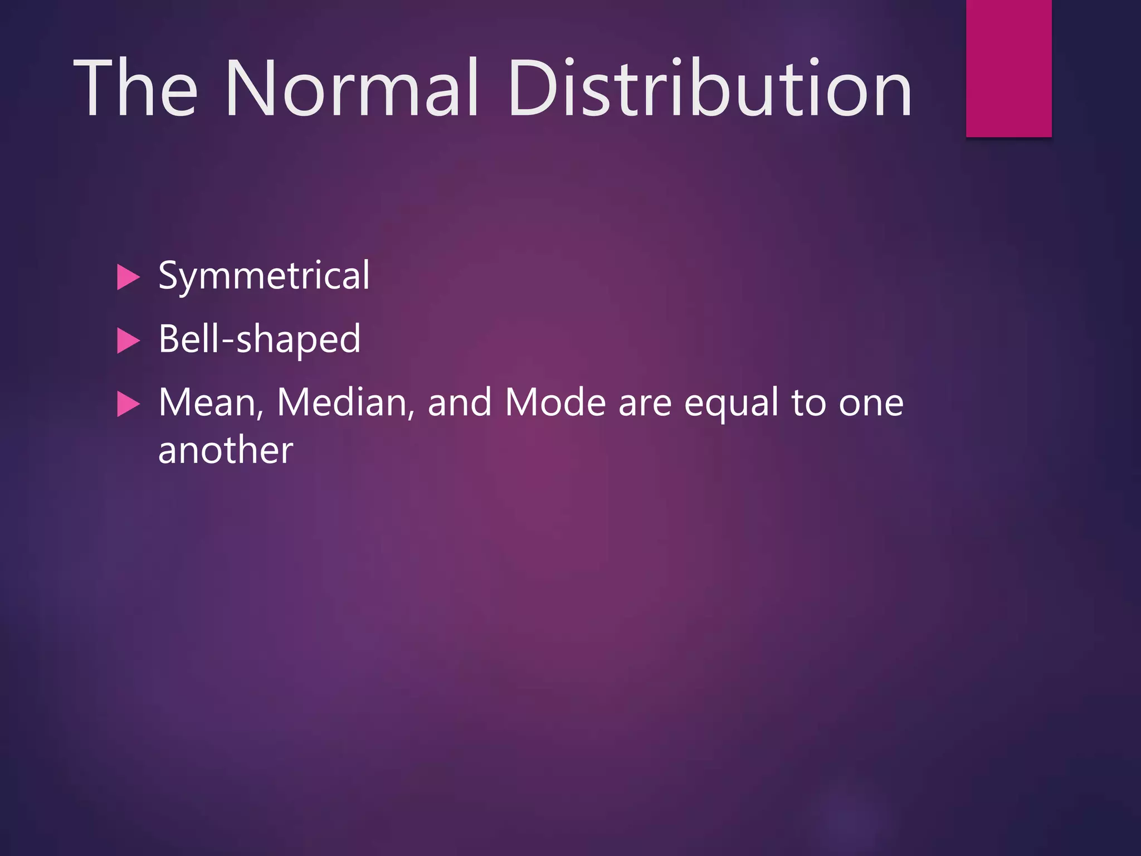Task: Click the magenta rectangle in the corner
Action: (1008, 68)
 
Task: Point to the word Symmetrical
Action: (264, 276)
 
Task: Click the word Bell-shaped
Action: (260, 339)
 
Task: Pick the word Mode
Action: (555, 402)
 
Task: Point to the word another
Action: (226, 450)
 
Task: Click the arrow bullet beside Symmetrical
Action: (128, 278)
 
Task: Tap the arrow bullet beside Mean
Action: (128, 405)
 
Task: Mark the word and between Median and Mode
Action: (460, 402)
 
